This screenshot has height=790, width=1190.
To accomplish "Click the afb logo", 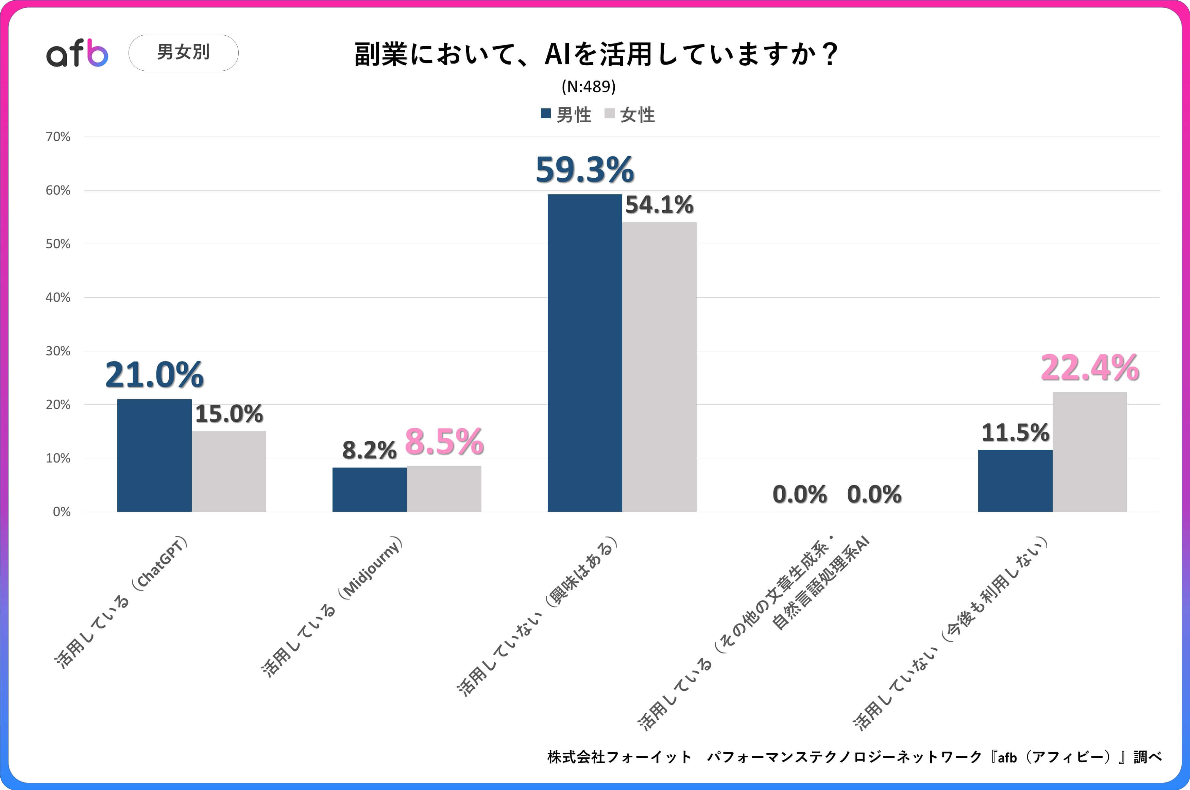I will click(x=77, y=53).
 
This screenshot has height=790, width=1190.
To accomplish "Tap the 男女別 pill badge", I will click(x=184, y=52).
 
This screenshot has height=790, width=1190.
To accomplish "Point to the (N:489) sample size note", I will click(x=588, y=87).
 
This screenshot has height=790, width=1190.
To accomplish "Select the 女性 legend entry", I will click(x=631, y=115).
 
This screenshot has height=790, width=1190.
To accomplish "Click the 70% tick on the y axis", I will click(x=58, y=137).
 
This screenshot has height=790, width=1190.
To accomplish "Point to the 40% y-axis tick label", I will click(x=58, y=297).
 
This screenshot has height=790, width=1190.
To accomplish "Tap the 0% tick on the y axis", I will click(x=62, y=512).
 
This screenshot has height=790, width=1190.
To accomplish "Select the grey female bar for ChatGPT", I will click(x=229, y=472).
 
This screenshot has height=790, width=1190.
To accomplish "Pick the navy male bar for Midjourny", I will click(x=370, y=490).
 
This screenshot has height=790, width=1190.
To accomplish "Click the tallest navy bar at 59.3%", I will click(x=585, y=353).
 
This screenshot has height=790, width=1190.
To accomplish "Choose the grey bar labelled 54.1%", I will click(x=659, y=367).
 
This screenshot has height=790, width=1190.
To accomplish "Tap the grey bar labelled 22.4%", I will click(x=1090, y=452).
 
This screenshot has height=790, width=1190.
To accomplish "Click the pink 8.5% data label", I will click(x=444, y=442).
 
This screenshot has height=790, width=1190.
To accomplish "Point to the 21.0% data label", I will click(x=154, y=375).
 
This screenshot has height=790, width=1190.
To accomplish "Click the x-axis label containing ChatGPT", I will click(x=121, y=602).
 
